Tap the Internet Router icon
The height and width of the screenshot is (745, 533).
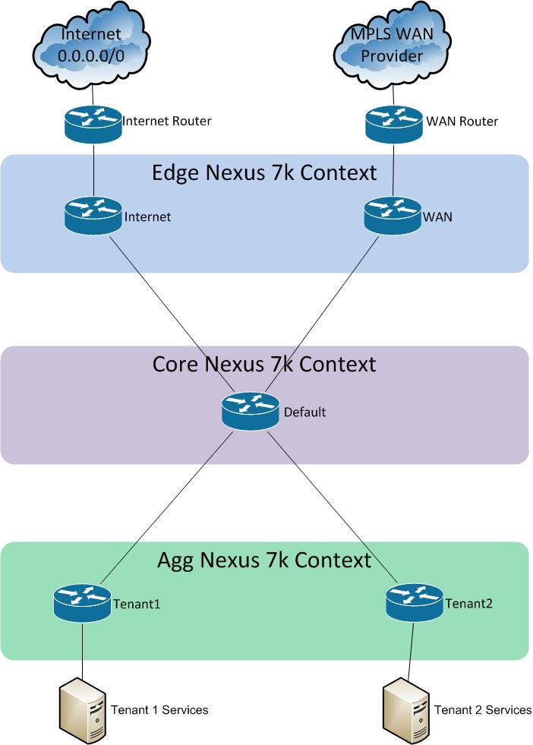pos(93,122)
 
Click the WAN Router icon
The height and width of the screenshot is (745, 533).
pos(393,122)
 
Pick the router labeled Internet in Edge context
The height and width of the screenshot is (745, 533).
pos(93,217)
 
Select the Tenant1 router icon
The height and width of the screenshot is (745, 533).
pos(82,604)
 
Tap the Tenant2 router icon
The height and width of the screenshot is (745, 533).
pos(415,604)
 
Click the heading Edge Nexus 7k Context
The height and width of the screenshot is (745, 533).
pos(264,173)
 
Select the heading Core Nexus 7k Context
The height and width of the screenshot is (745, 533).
pos(264,365)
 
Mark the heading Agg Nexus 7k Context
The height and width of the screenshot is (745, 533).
pos(264,560)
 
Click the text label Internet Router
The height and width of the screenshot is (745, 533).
pos(166,120)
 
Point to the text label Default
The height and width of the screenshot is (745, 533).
pos(304,412)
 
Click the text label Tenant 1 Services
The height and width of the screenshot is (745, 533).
pos(159,709)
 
